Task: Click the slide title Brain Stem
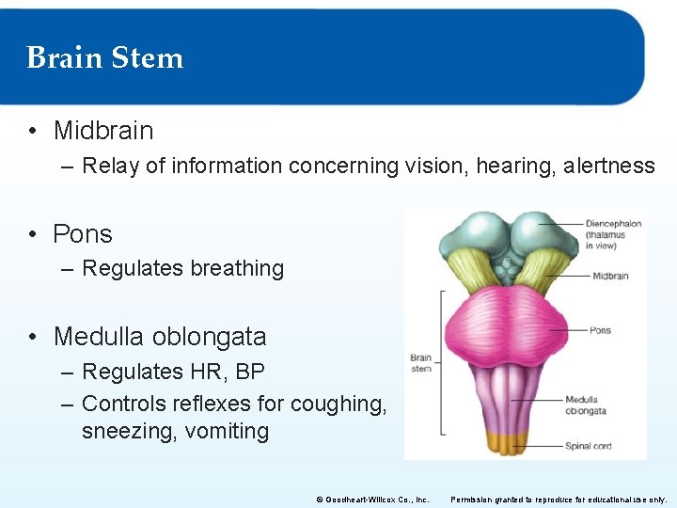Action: click(x=104, y=57)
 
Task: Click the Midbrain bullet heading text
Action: click(x=102, y=130)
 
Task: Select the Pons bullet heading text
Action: click(x=82, y=233)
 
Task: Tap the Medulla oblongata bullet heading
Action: click(x=159, y=336)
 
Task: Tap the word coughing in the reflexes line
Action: click(x=338, y=404)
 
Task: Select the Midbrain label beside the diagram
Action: click(x=610, y=276)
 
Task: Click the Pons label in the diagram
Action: click(x=600, y=330)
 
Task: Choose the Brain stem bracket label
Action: click(x=420, y=362)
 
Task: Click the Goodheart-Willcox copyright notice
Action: click(x=372, y=500)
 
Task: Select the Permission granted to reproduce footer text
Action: click(x=559, y=500)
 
